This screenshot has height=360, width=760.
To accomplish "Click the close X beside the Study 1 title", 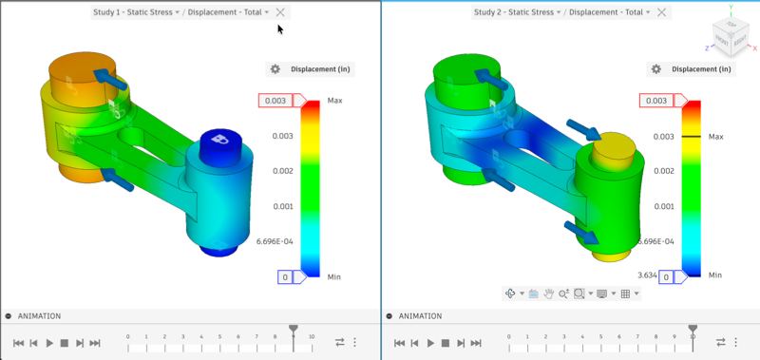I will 279,12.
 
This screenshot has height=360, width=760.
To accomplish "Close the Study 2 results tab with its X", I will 661,12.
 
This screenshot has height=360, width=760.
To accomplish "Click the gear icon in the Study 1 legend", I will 275,69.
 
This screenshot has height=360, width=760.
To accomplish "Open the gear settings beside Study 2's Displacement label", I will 656,69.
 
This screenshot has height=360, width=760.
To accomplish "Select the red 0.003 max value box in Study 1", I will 274,100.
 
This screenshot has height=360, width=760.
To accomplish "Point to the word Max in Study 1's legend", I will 334,100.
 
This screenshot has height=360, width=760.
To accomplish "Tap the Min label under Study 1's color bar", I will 333,276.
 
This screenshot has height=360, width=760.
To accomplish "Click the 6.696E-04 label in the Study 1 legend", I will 275,241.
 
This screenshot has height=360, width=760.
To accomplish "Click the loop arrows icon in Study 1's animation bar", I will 339,343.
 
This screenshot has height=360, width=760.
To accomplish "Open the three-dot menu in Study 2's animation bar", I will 735,343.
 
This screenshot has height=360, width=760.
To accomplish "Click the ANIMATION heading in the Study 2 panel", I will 419,316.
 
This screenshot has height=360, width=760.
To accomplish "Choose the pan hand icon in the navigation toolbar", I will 548,294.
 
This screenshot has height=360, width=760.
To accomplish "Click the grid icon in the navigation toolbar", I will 625,294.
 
